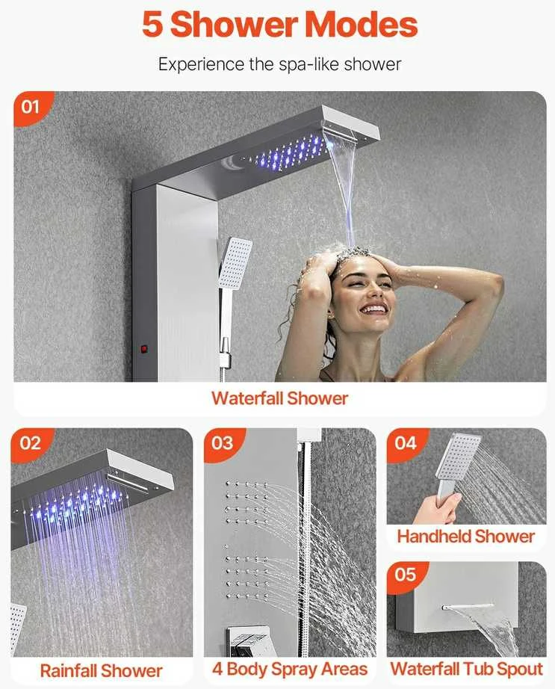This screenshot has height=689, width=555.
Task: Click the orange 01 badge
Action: [31, 107]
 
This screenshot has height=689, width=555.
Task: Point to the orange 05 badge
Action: [405, 575]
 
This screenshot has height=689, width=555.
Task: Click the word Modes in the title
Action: [361, 25]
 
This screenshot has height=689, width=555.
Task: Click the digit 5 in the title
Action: [152, 25]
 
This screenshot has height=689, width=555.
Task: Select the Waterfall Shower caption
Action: [279, 398]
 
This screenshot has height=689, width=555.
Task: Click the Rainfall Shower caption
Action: [101, 671]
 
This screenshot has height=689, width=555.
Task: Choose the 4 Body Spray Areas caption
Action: [290, 670]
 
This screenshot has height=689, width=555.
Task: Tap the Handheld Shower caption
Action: [466, 537]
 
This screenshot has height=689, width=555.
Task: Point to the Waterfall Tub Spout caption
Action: [467, 670]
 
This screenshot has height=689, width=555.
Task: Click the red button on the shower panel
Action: [143, 350]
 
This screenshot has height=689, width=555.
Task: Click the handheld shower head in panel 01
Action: [235, 263]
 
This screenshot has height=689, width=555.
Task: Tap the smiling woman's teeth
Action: [374, 309]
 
